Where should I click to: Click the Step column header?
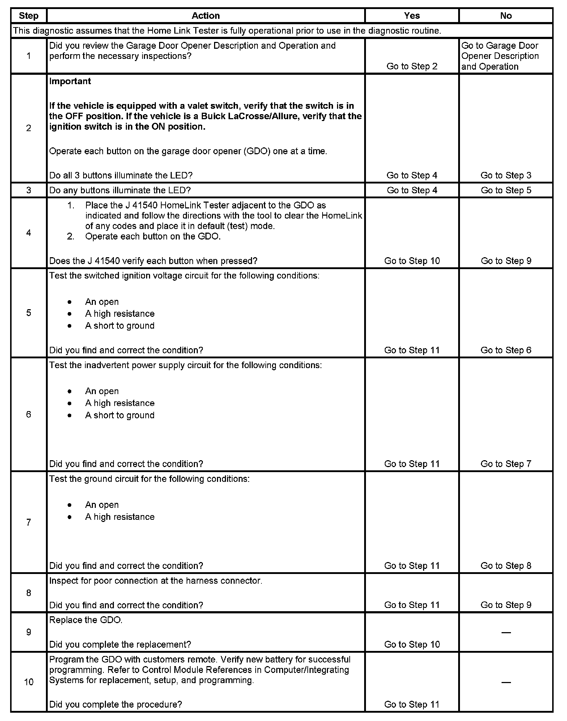click(x=29, y=16)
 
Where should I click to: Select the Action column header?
click(x=205, y=16)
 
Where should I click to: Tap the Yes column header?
click(x=412, y=16)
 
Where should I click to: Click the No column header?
click(x=506, y=16)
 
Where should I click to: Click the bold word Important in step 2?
click(x=70, y=81)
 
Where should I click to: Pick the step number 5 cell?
click(x=29, y=313)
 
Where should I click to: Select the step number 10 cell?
click(x=29, y=682)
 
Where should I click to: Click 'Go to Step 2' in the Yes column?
click(x=412, y=66)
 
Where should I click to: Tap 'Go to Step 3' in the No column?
click(x=506, y=176)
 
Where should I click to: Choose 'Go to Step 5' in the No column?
click(x=506, y=190)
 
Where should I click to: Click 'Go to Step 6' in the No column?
click(x=506, y=350)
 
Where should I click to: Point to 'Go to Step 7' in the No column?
click(x=506, y=464)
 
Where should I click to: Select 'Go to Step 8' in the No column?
click(x=506, y=566)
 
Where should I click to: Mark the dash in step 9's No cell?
click(x=506, y=633)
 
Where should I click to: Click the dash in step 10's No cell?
click(x=506, y=682)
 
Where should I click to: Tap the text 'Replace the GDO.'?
click(x=86, y=620)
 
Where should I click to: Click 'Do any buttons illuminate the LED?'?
click(x=120, y=190)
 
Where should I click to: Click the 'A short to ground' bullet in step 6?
click(x=120, y=415)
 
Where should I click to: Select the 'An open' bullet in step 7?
click(x=102, y=505)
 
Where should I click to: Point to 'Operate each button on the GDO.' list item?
click(x=153, y=237)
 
